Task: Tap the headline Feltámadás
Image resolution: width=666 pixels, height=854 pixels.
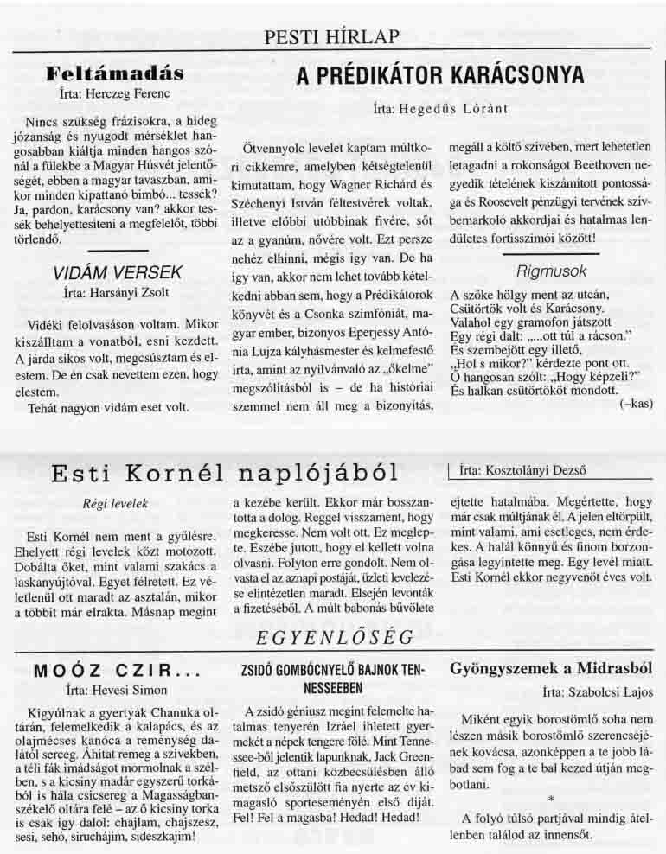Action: [114, 72]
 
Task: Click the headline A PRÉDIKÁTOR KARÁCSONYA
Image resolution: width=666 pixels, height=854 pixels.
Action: [439, 75]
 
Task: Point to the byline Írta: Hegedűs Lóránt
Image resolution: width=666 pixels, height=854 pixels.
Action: [439, 109]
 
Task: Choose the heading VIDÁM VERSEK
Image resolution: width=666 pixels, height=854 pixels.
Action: [118, 273]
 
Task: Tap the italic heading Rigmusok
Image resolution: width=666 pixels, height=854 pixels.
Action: [551, 271]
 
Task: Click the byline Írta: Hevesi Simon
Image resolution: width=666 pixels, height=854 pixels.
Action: [115, 691]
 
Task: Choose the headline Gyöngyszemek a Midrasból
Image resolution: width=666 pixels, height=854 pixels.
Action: [551, 668]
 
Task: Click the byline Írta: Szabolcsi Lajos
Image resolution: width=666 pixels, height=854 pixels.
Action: [598, 691]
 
